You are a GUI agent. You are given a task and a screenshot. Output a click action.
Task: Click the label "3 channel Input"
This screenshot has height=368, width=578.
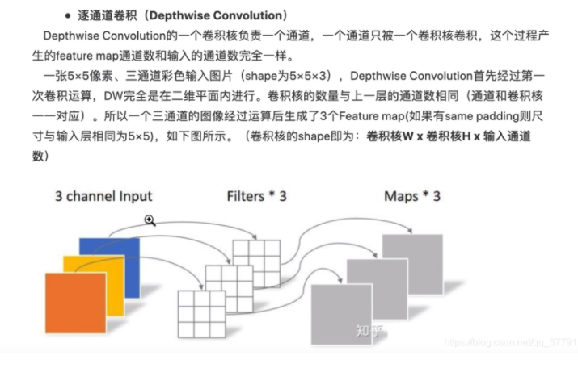(x=103, y=196)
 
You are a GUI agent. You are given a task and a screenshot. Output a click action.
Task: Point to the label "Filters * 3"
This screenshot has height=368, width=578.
(x=256, y=196)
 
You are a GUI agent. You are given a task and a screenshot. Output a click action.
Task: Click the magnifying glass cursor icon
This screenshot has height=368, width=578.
(x=150, y=220)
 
